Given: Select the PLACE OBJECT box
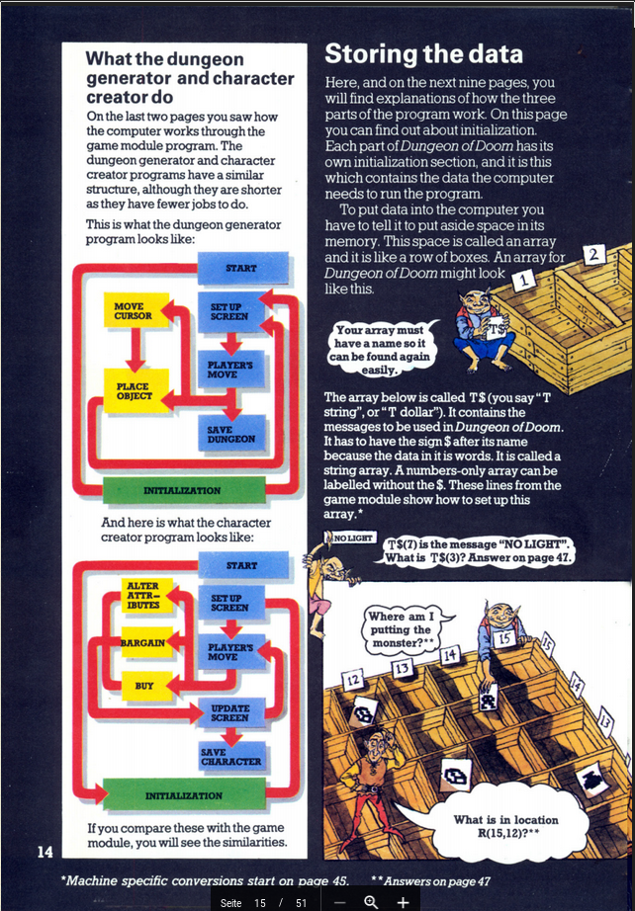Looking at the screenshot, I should [134, 390].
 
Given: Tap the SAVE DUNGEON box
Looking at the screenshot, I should [230, 433].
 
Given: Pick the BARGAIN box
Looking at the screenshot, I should [142, 643].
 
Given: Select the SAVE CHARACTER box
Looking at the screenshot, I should [230, 757].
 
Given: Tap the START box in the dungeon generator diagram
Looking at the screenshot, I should [240, 268].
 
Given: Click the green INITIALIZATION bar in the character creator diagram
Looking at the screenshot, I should [184, 794].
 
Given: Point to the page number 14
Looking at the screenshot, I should [45, 852].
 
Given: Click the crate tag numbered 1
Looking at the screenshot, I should [521, 281].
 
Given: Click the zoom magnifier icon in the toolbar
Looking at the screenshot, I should [371, 901].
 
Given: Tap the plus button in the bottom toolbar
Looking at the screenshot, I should [403, 901].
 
